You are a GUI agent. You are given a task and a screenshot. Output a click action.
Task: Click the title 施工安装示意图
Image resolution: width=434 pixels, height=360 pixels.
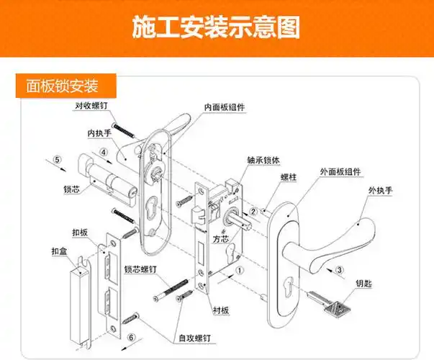click(216, 28)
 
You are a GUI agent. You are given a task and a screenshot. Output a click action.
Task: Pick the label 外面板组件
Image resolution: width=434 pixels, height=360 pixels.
click(340, 173)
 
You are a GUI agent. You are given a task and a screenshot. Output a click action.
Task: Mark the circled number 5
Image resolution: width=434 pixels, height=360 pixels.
click(58, 160)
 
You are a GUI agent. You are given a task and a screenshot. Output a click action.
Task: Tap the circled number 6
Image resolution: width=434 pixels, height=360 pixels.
click(130, 336)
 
